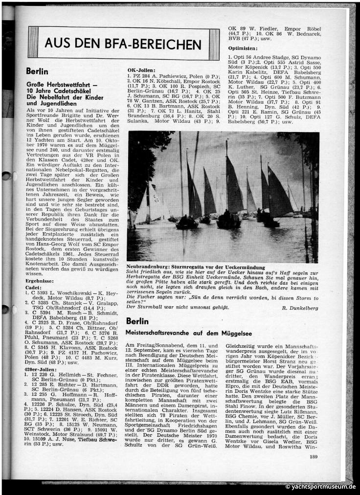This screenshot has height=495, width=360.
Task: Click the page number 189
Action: click(314, 457)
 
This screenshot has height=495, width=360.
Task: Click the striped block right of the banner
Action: click(214, 45)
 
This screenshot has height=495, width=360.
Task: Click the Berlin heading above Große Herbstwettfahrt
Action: click(37, 71)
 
